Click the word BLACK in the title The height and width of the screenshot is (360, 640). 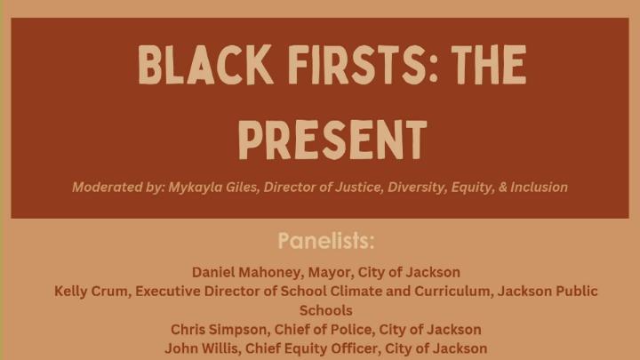(193, 66)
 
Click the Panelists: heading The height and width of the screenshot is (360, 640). (326, 241)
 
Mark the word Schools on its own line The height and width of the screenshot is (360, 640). (325, 310)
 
